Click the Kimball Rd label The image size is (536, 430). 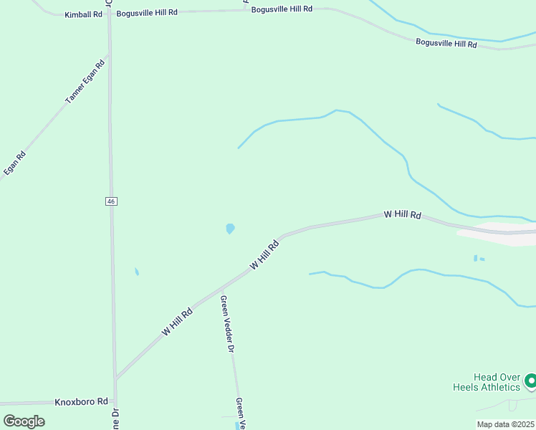point(83,14)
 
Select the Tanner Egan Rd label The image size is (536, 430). point(85,82)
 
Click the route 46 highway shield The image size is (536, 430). point(111,201)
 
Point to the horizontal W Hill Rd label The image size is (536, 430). point(402,214)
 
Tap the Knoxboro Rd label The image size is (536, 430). point(81,402)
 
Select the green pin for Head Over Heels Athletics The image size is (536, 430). point(530,381)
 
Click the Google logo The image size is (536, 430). point(24,421)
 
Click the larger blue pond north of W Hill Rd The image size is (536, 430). point(230,229)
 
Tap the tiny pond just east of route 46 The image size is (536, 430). point(136,272)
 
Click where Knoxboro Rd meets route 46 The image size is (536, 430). point(115,401)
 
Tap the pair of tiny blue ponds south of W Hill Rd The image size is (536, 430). point(478,258)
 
